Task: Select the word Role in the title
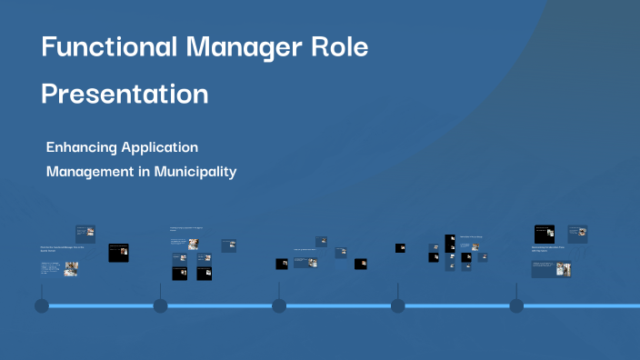(x=337, y=47)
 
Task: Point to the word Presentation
(x=125, y=94)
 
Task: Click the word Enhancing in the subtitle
(x=82, y=146)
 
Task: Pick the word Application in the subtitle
(x=160, y=147)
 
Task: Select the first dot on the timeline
(x=41, y=305)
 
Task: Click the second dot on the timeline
(x=160, y=305)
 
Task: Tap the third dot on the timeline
(x=279, y=305)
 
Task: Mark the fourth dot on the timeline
(x=397, y=305)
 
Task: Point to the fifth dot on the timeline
(x=516, y=305)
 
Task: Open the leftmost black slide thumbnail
(x=118, y=253)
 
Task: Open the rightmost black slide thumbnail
(x=545, y=234)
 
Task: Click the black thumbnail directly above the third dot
(x=282, y=264)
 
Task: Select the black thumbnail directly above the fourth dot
(x=400, y=247)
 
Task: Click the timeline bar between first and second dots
(x=100, y=305)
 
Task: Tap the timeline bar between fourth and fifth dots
(x=456, y=305)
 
